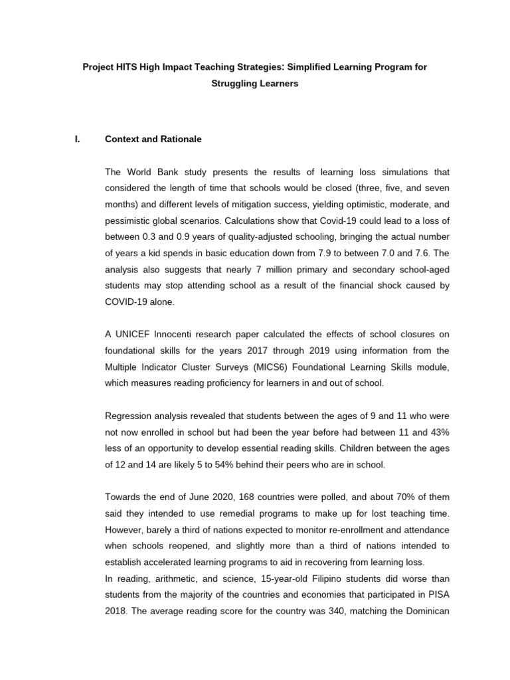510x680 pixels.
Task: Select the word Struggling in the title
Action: [x=236, y=84]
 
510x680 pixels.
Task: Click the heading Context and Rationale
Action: [x=153, y=139]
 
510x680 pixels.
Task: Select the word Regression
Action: [x=131, y=416]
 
